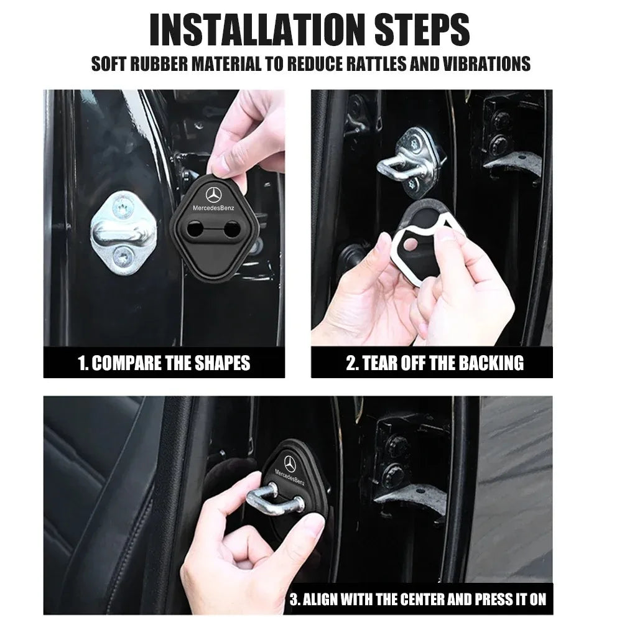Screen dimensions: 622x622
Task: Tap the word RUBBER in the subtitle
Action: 159,63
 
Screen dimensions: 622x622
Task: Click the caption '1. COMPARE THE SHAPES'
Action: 164,363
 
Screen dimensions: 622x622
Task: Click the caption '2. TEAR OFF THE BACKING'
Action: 434,363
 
